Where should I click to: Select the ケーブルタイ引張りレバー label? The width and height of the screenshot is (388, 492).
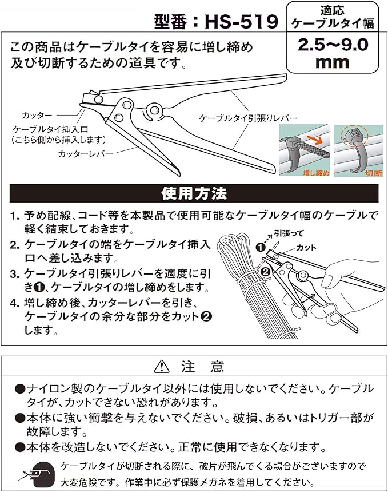click(x=248, y=118)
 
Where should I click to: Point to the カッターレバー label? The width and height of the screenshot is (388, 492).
click(x=85, y=154)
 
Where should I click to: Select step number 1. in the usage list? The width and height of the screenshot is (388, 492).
click(x=15, y=216)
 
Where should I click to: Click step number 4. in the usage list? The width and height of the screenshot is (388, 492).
click(x=15, y=302)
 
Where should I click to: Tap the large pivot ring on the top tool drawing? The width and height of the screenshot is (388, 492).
click(x=153, y=109)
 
